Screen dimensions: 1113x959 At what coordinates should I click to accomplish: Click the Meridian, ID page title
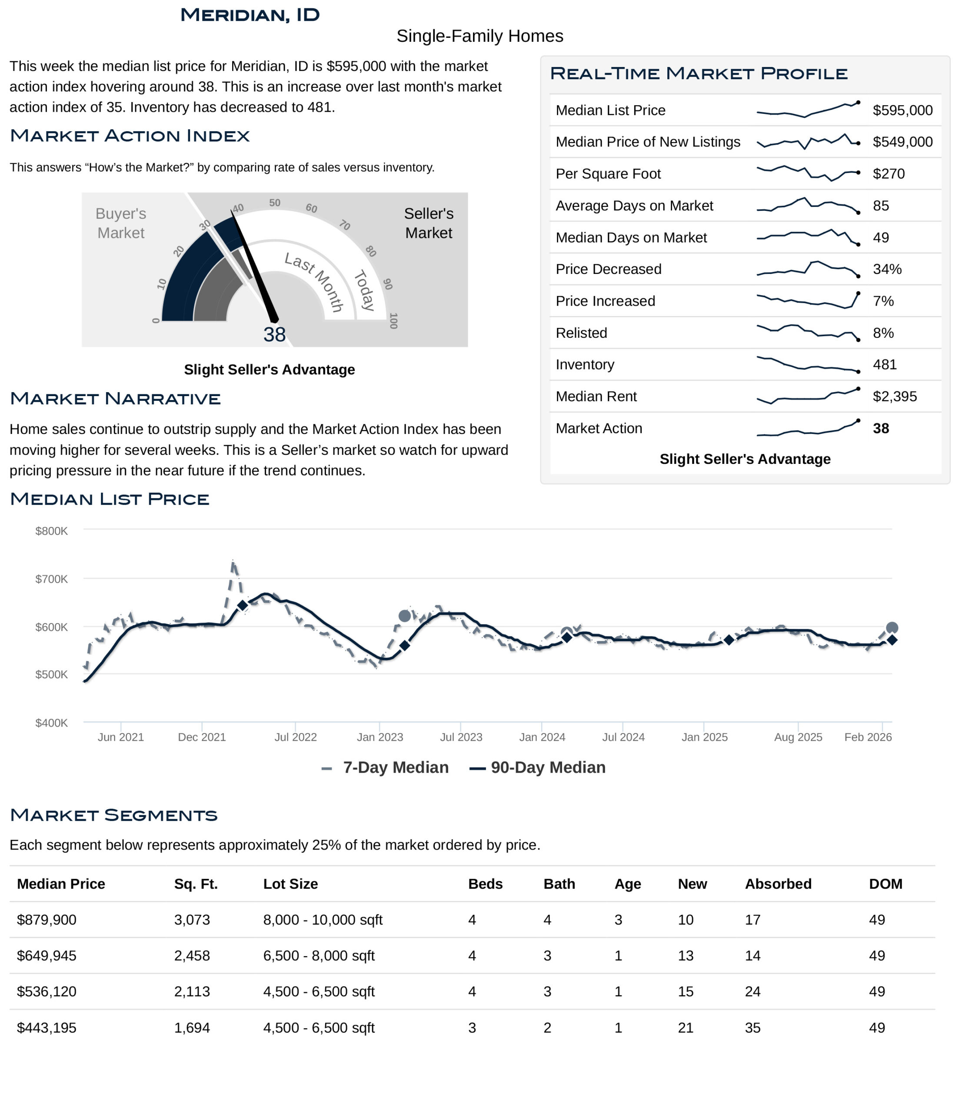point(250,15)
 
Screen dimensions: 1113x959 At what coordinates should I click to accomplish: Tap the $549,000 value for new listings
point(902,142)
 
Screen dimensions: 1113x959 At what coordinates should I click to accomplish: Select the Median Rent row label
point(596,397)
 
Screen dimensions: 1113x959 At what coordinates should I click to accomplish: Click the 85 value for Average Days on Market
point(881,206)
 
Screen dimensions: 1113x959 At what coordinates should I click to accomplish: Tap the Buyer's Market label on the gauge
point(121,223)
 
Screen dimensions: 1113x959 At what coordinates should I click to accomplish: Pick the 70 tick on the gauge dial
point(344,225)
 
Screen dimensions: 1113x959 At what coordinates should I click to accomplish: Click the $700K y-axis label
point(52,579)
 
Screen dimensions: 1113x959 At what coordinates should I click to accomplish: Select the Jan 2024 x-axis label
point(542,737)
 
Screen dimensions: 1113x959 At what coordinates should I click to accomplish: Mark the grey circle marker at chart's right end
point(892,628)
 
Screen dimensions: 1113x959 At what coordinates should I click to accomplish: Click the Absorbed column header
point(778,884)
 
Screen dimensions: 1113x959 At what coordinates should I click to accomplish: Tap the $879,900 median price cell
point(47,920)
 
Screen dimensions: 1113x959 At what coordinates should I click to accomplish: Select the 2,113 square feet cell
point(192,992)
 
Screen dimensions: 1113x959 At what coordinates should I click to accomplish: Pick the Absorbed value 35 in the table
point(752,1028)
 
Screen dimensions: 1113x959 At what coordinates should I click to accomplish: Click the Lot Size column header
point(290,884)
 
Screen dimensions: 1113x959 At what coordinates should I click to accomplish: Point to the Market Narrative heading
point(116,399)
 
